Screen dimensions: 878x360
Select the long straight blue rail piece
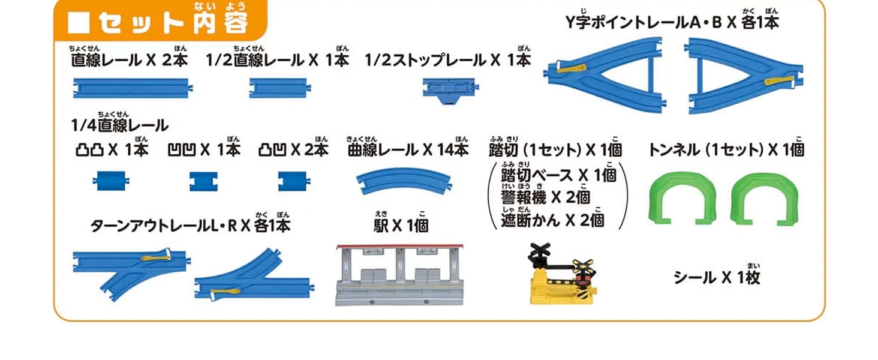(x=132, y=88)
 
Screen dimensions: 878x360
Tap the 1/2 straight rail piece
(x=277, y=88)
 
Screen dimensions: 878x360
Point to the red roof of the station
(x=400, y=247)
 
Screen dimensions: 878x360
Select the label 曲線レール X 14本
(x=408, y=149)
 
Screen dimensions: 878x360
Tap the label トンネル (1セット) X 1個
(x=726, y=149)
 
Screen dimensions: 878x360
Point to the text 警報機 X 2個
(x=546, y=196)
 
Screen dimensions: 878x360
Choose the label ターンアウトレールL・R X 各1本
(x=190, y=225)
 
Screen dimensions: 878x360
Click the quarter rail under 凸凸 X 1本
(x=112, y=180)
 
